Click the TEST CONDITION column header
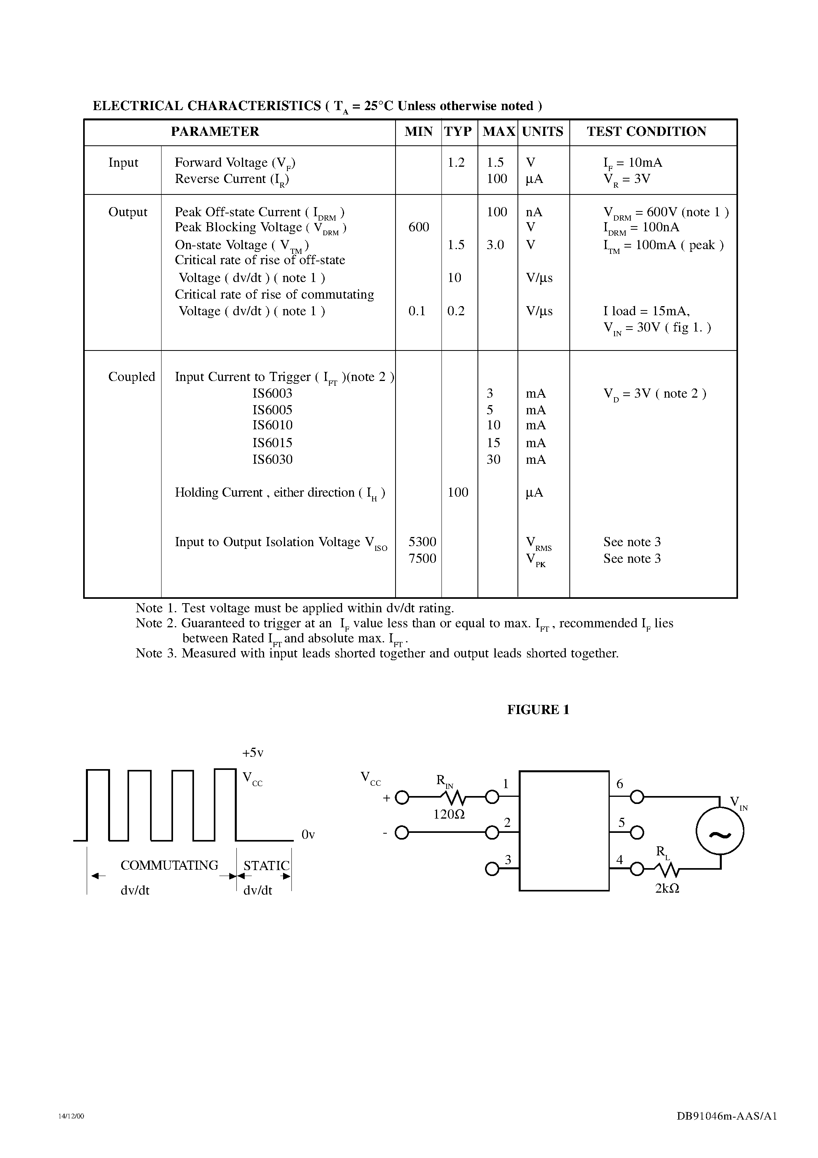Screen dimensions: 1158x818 [x=646, y=131]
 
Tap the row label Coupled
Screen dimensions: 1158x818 [x=131, y=377]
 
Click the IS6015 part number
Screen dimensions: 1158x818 [x=272, y=443]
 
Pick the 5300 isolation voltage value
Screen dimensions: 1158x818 [x=422, y=542]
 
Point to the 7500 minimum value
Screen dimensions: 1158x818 [x=422, y=558]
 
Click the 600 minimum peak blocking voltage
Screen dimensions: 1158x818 [x=419, y=227]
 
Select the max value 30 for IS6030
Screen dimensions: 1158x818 [x=493, y=459]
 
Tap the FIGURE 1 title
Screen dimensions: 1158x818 [x=538, y=710]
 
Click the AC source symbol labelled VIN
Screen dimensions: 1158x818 [x=720, y=835]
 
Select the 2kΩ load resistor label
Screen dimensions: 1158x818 [x=667, y=889]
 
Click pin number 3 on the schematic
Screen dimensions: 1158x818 [x=508, y=859]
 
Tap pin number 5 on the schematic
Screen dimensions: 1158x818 [x=621, y=823]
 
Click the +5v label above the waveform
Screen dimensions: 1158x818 [x=253, y=753]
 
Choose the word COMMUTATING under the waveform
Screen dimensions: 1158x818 [x=169, y=865]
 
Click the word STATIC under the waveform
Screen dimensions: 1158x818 [x=266, y=865]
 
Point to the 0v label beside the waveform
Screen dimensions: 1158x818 [x=308, y=835]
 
